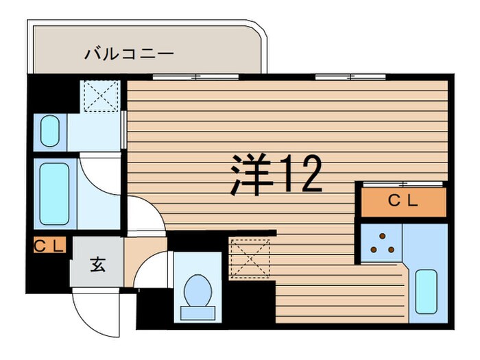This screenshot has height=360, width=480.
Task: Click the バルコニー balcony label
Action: pos(130,53)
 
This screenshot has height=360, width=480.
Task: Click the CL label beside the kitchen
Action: pos(403,202)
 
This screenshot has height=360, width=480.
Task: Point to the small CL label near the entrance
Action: pos(49,245)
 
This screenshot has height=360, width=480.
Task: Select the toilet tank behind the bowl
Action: pos(197,313)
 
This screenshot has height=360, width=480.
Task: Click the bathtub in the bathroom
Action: pos(53,193)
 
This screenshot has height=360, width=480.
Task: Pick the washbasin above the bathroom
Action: pos(50,132)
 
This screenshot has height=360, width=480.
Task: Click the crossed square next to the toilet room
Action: pos(251,256)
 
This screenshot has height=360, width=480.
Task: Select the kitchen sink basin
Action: pos(427,291)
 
